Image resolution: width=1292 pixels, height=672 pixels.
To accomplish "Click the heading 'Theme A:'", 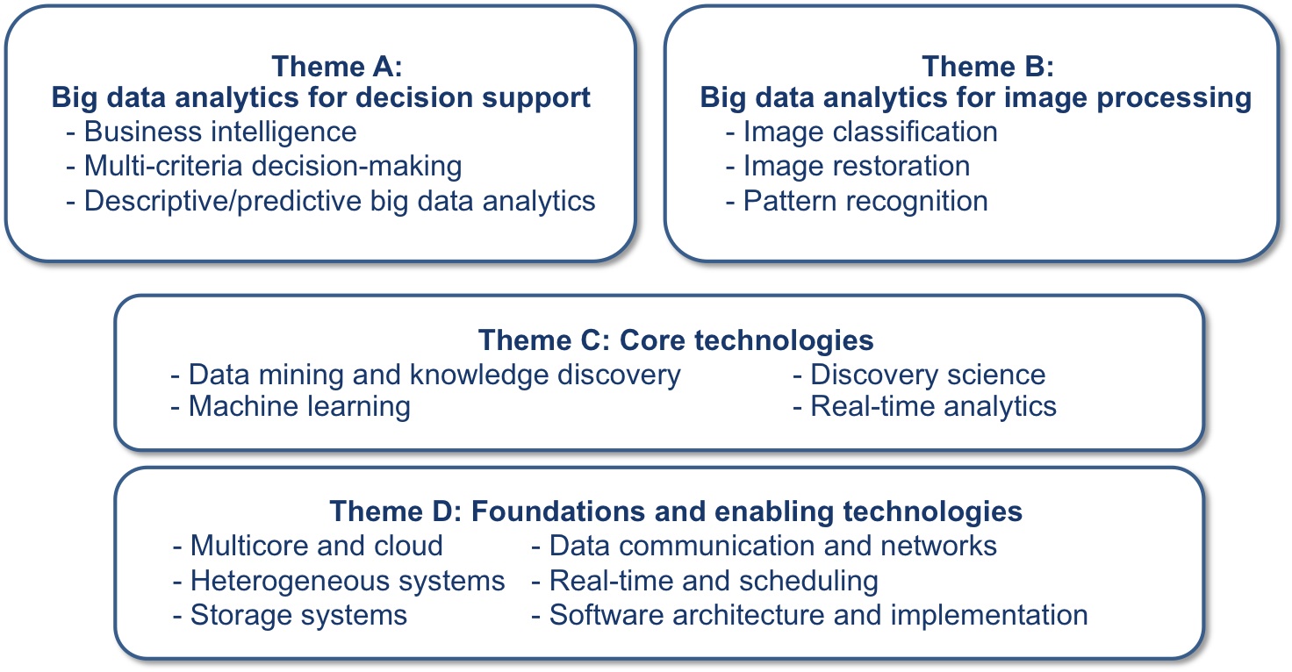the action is (x=337, y=67).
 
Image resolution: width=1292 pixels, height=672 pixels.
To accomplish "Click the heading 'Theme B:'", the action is (x=988, y=67).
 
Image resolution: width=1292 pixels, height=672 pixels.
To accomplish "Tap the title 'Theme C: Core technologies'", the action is (x=676, y=340).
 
